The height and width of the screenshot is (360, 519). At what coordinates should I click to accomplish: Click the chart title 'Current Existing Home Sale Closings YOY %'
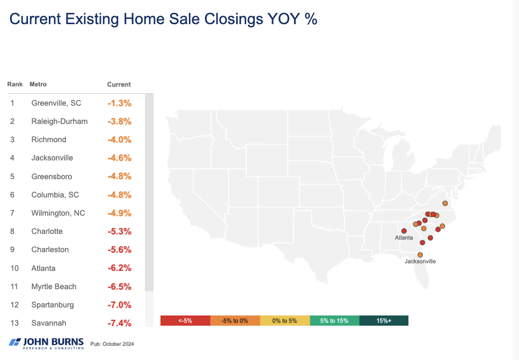pos(163,20)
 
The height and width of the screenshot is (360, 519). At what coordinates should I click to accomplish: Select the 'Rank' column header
pos(14,84)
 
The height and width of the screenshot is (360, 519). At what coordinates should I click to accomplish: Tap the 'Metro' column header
pos(38,84)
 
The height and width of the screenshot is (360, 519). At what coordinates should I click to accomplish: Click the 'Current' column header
pos(119,84)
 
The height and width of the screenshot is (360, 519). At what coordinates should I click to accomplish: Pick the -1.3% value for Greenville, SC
pos(119,103)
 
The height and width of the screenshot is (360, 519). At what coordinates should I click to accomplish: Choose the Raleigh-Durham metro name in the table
pos(59,121)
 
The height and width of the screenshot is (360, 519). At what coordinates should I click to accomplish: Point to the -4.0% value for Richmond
pos(119,139)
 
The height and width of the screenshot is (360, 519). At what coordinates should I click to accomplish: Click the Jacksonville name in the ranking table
pos(52,158)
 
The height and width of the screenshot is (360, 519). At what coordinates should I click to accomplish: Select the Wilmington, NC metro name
pos(58,213)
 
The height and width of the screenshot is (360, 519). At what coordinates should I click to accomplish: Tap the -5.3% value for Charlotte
pos(119,231)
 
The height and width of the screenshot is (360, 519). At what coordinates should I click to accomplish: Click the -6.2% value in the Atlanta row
pos(119,268)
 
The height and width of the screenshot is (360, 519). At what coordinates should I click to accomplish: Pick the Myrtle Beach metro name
pos(54,286)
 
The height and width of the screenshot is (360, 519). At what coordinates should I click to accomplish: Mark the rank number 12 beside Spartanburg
pos(12,305)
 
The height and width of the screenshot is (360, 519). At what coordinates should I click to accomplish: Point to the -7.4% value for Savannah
pos(119,323)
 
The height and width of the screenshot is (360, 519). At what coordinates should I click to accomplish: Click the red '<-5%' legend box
pos(185,320)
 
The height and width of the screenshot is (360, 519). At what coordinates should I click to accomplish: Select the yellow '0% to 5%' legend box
pos(284,320)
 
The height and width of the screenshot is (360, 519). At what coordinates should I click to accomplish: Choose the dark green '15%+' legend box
pos(383,320)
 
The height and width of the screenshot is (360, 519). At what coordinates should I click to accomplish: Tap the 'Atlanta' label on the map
pos(404,237)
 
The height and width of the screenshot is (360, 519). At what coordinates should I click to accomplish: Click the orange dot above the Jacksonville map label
pos(420,255)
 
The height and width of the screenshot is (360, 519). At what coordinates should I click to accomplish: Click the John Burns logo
pos(47,343)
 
